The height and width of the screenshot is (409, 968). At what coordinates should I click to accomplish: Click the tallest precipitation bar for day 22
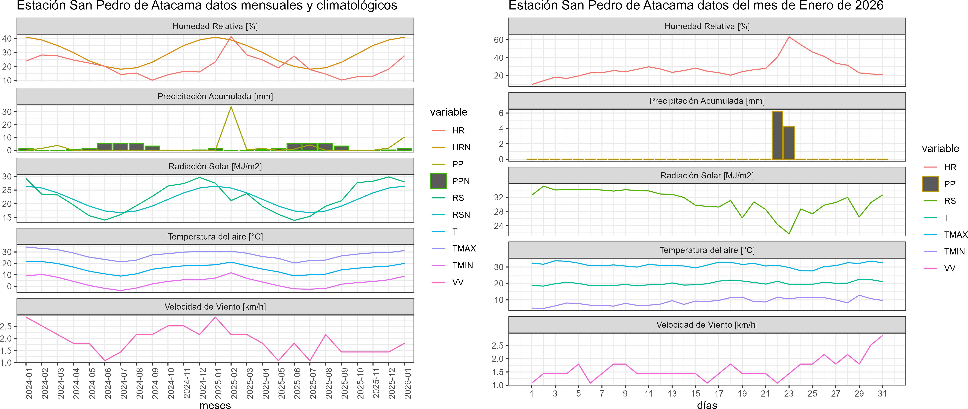[777, 135]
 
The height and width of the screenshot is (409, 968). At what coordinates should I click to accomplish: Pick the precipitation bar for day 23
[789, 143]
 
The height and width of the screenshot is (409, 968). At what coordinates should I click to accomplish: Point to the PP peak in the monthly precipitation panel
[231, 107]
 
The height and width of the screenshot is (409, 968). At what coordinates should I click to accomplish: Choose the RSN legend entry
[461, 215]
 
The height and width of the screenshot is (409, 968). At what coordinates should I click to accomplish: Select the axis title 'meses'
[215, 405]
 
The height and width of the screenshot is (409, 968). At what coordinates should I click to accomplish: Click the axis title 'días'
[707, 405]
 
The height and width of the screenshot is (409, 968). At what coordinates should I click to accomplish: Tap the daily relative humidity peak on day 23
[789, 37]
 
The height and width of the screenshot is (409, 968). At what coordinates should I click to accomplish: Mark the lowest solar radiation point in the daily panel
[789, 234]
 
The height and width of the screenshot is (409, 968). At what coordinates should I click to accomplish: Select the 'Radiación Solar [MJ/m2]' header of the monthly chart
[215, 166]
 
